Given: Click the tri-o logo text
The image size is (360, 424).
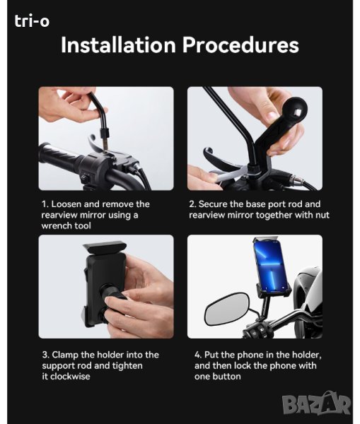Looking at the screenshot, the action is (32, 21).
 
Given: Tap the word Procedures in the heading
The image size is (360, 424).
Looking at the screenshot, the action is (240, 45).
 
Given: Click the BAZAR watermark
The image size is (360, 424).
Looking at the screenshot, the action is (316, 404).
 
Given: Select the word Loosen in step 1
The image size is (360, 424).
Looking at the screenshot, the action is (66, 204).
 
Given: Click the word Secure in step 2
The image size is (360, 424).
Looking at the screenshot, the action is (213, 204).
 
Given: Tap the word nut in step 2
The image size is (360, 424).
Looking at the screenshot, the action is (323, 216).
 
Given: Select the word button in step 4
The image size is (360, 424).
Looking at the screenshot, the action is (226, 377).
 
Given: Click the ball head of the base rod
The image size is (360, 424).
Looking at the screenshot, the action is (295, 111).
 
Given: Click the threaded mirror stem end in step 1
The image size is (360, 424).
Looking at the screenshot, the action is (105, 143).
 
